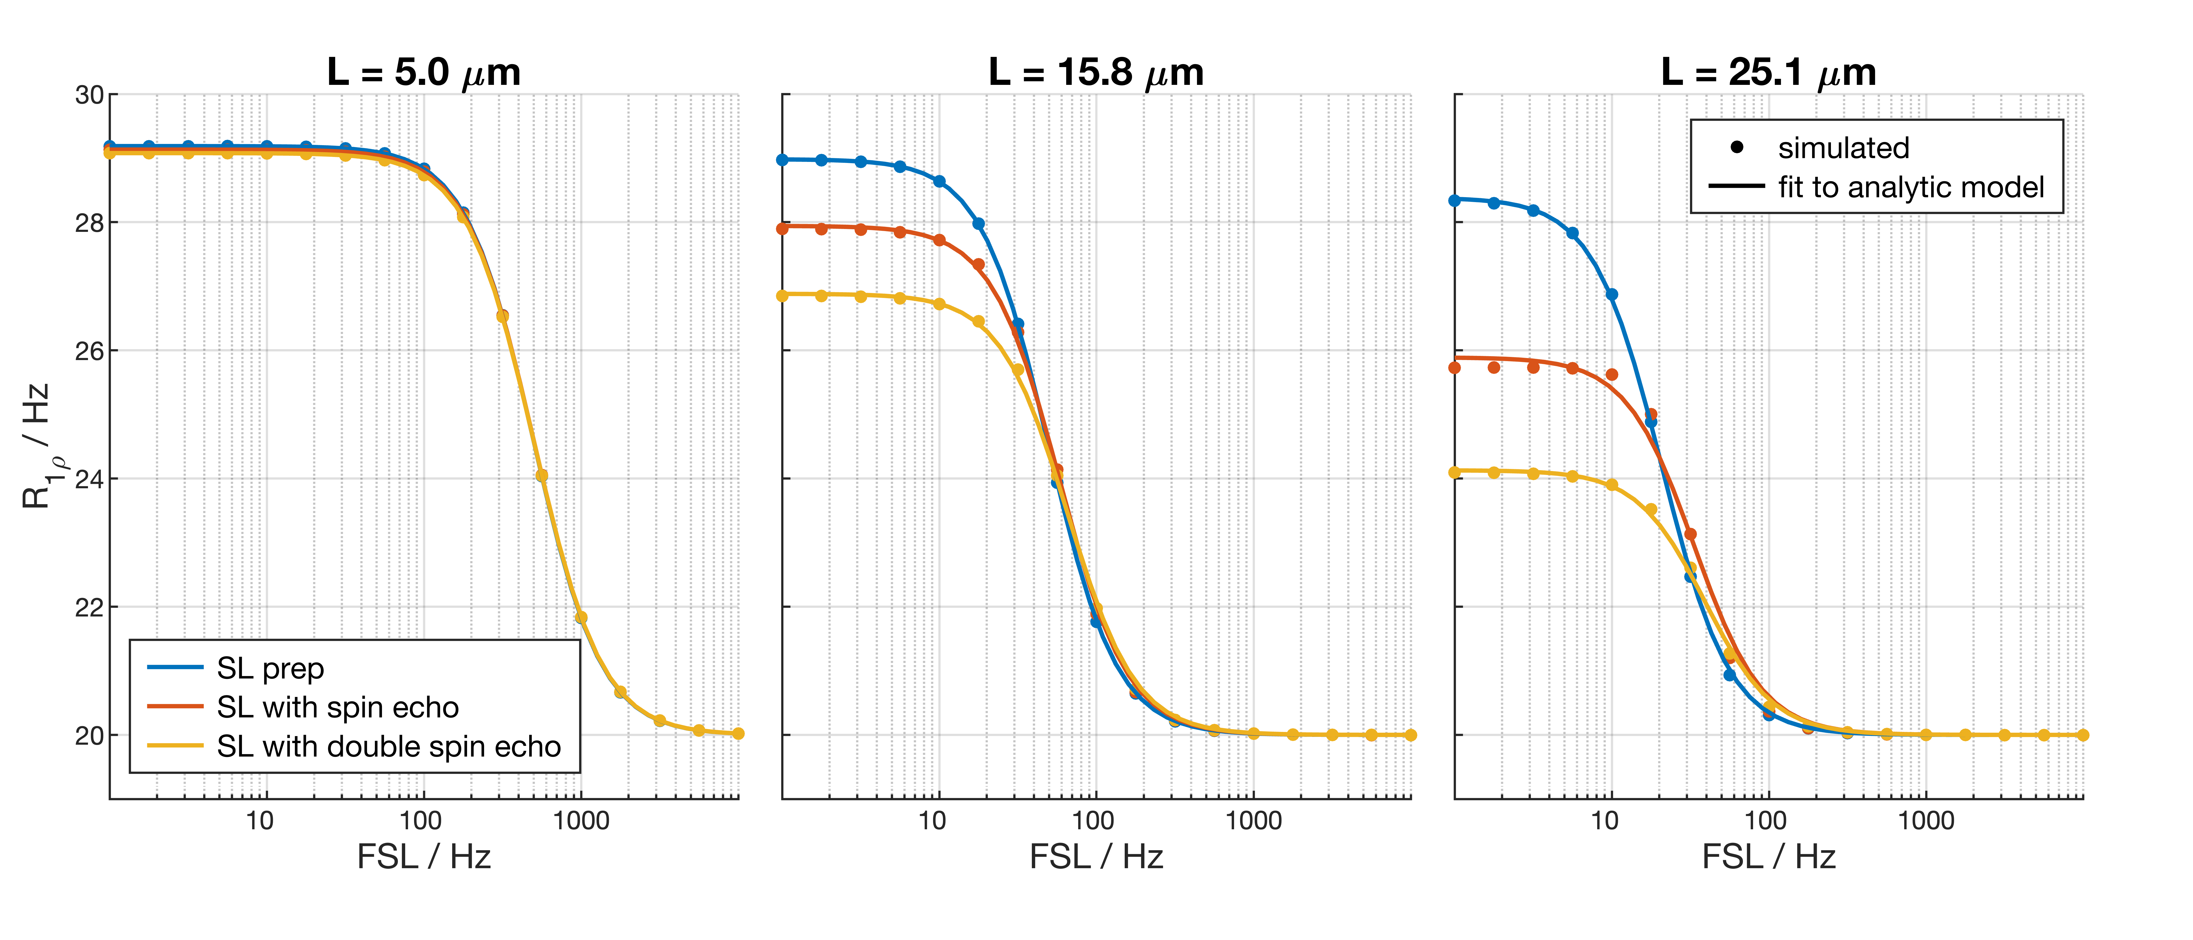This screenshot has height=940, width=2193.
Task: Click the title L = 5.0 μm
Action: tap(423, 72)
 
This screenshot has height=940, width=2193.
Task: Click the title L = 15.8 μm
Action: tap(1096, 72)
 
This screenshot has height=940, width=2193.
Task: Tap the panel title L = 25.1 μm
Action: tap(1768, 72)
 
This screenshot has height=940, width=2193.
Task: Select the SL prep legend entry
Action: tap(270, 668)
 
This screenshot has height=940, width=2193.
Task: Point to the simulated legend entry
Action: tap(1843, 148)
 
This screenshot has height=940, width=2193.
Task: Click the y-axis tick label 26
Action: tap(89, 351)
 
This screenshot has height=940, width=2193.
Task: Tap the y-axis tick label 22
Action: tap(89, 607)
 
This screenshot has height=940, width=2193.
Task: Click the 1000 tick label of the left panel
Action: tap(581, 821)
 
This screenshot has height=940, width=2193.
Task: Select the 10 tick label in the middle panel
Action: tap(932, 821)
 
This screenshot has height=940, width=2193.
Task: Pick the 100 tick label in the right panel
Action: tap(1766, 821)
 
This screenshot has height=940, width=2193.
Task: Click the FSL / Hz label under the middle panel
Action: tap(1096, 856)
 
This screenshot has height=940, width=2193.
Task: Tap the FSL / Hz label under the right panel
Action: tap(1768, 856)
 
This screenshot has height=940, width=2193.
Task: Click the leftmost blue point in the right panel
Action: tap(1455, 200)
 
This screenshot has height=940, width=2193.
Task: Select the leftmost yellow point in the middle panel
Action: tap(782, 296)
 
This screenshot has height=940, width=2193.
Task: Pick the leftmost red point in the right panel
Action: tap(1455, 368)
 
